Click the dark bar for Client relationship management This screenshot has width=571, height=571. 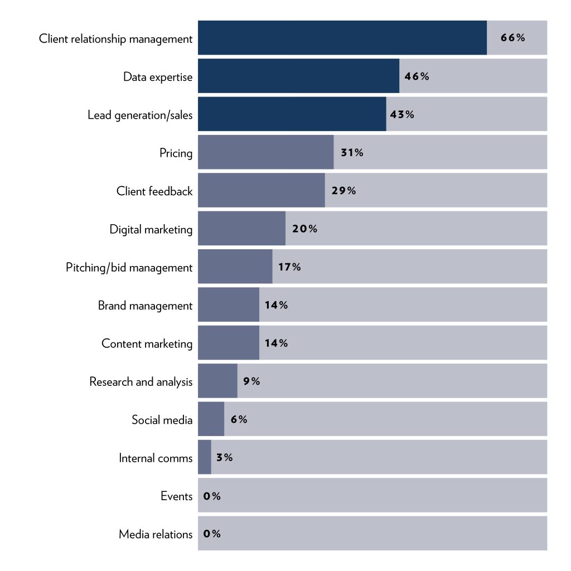coord(342,38)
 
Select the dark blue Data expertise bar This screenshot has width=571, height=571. coord(298,76)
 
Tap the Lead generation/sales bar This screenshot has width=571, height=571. coord(292,114)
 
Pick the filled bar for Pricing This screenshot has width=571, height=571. coord(265,152)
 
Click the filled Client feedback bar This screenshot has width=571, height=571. coord(261,191)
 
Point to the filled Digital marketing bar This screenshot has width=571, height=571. coord(241,229)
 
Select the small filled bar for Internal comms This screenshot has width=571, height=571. coord(205,457)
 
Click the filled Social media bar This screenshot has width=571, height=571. coord(211,419)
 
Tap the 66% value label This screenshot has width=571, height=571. coord(512,38)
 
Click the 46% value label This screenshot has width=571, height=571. coord(417,76)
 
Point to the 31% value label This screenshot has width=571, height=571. coord(352,153)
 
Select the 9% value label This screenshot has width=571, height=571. coord(251,381)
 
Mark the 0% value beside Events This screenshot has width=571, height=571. coord(212,496)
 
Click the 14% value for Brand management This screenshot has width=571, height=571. coord(276,305)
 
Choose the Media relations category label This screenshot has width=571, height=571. coord(156,534)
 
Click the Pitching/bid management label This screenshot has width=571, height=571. coord(129,268)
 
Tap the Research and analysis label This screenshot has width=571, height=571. coord(141,382)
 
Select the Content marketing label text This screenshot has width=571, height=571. coord(147,343)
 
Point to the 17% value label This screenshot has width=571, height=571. coord(289,267)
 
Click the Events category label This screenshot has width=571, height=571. coord(176,496)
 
